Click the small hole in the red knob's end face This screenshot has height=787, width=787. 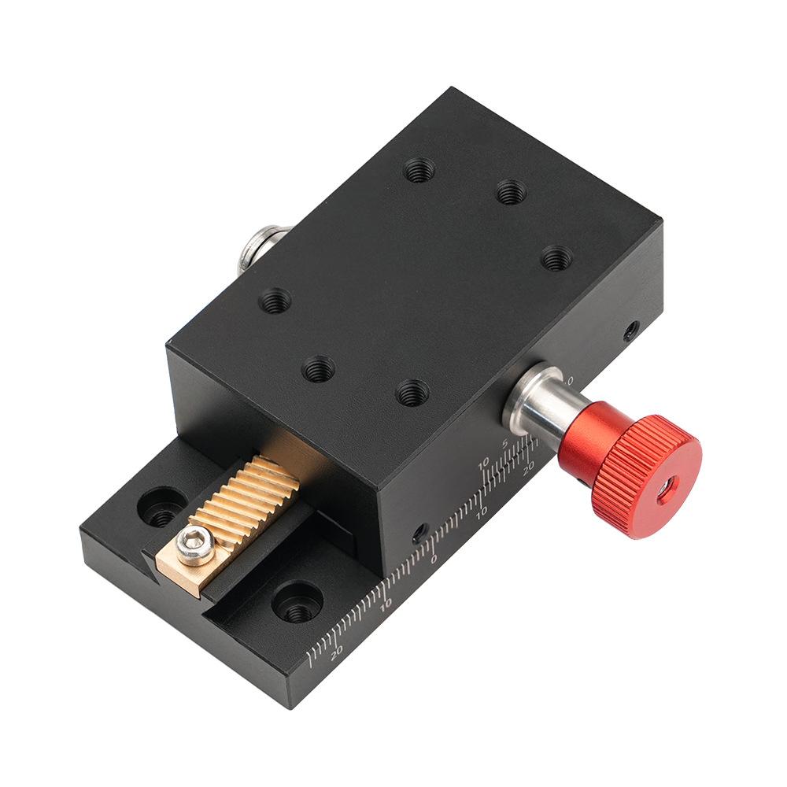tap(667, 491)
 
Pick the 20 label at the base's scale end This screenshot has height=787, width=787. tap(336, 650)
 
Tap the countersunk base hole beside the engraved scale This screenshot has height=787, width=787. tap(297, 602)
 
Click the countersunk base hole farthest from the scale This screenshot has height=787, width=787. tap(161, 507)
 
